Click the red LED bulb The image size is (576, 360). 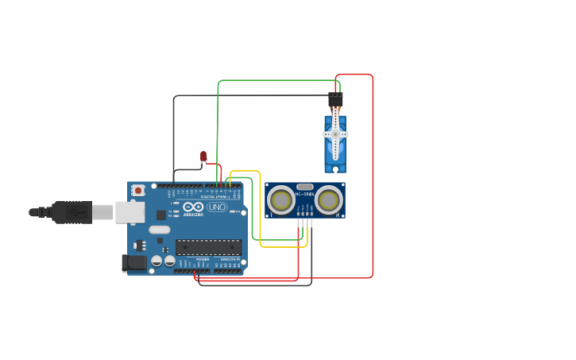203,157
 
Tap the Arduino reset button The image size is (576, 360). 138,190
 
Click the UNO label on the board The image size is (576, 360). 217,207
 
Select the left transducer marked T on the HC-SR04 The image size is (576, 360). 280,199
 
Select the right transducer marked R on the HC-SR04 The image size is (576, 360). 328,199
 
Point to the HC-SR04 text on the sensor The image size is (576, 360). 304,194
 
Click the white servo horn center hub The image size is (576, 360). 335,135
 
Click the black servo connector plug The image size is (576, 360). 335,99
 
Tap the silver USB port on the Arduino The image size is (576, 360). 130,211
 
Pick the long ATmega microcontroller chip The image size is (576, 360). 208,247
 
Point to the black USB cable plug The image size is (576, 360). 72,212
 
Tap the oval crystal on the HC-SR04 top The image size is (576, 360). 304,187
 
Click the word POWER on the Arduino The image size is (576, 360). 203,260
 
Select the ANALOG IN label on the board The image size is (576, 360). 230,260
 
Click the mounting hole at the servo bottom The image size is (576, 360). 335,168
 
